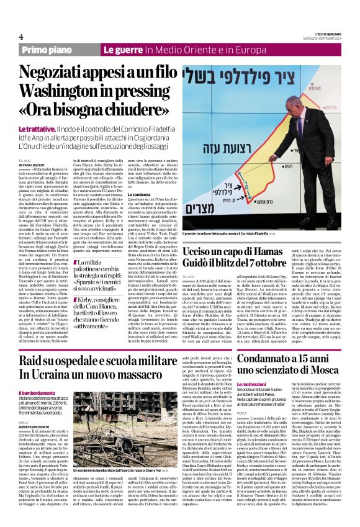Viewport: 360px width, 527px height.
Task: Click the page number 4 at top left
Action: [21, 37]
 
